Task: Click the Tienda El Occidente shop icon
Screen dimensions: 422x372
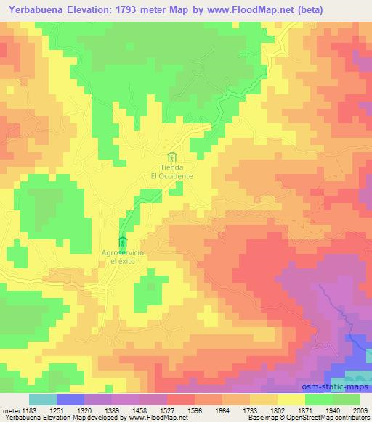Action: point(171,156)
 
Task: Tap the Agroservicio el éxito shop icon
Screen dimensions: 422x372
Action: point(122,241)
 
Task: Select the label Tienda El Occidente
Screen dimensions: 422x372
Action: point(171,172)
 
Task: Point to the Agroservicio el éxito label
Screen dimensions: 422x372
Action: point(123,257)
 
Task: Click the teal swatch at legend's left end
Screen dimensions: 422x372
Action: point(42,400)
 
